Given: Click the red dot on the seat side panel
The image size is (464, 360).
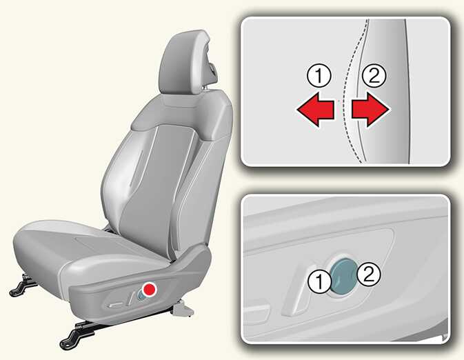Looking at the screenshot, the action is tap(149, 289).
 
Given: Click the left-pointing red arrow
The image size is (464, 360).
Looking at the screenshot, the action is tap(316, 110).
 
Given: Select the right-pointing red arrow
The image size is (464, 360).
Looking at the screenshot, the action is tap(370, 110).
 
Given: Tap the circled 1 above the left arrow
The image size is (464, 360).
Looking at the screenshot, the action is tap(319, 76).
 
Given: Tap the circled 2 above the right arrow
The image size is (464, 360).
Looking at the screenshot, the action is tap(374, 76).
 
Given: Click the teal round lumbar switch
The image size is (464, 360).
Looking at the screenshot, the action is tap(343, 277).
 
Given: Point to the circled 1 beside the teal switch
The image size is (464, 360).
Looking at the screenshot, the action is tap(319, 281).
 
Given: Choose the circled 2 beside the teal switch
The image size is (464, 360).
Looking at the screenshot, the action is tap(368, 275).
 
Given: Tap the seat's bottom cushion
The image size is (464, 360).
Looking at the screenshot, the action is tap(89, 254).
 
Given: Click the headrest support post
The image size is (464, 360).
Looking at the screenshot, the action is tap(205, 87).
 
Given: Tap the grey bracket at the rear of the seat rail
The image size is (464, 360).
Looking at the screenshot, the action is tap(183, 310).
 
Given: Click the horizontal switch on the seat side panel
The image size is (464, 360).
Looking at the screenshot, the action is tap(115, 304).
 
